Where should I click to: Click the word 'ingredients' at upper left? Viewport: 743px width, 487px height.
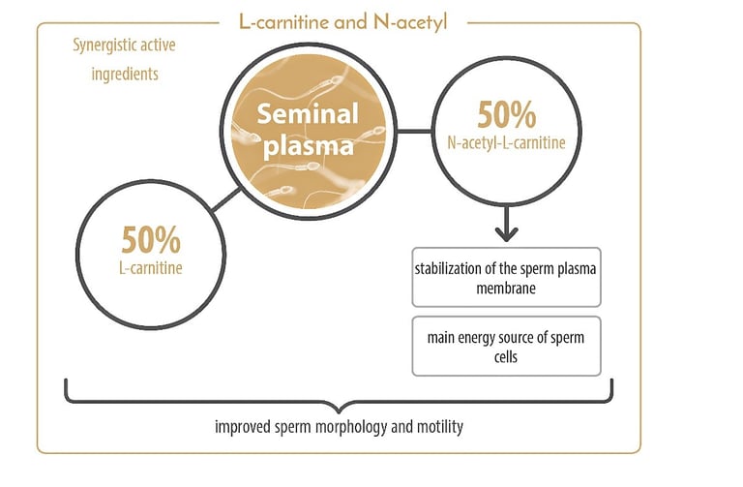115,74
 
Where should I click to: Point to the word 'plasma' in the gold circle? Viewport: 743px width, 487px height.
306,148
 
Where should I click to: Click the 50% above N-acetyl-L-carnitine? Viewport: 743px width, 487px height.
506,116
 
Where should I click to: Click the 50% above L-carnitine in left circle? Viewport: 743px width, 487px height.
151,240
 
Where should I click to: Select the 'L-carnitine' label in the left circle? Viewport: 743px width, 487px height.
151,265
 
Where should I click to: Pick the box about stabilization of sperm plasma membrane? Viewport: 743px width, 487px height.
506,278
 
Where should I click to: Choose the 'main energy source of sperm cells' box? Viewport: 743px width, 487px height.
506,346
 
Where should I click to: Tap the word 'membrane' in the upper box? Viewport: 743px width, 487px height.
506,289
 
